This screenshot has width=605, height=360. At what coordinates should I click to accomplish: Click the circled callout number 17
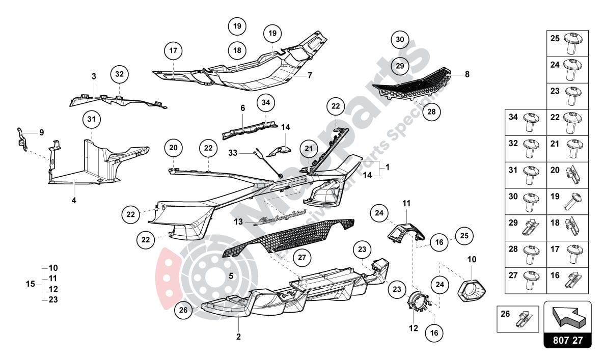[173, 51]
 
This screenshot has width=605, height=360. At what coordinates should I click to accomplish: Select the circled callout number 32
[119, 74]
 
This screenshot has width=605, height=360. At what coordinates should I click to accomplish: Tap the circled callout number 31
[92, 120]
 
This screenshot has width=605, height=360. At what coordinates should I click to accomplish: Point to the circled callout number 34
[265, 103]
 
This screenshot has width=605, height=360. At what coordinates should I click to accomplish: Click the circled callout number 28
[432, 112]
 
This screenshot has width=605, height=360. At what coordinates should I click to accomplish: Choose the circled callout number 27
[302, 258]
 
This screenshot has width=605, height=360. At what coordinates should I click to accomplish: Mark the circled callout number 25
[464, 236]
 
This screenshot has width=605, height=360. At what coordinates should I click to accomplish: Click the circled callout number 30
[400, 40]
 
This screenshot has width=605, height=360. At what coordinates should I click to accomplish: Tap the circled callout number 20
[173, 148]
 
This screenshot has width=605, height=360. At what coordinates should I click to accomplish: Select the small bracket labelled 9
[21, 139]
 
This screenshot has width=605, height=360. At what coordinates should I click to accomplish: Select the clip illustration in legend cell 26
[525, 319]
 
